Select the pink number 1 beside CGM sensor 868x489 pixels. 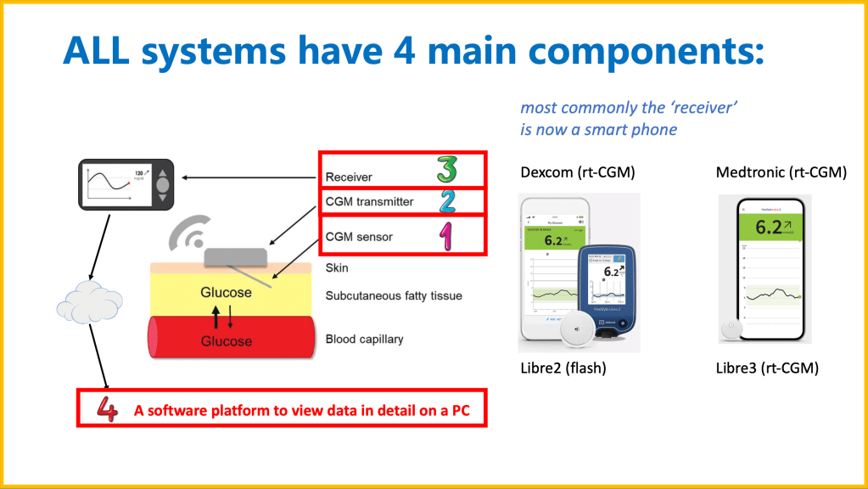(x=445, y=235)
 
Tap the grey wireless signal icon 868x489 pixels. (x=188, y=232)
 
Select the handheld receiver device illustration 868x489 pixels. (x=125, y=184)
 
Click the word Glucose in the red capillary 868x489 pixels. (x=227, y=340)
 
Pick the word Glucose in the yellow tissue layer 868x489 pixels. (x=226, y=292)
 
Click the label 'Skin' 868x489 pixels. (x=337, y=267)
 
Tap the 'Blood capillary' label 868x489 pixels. (x=364, y=340)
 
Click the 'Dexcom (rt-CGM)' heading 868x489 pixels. (x=577, y=173)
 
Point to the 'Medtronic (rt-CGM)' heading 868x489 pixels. (x=781, y=173)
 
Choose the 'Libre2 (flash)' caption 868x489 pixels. (x=563, y=369)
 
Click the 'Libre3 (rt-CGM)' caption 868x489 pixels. (x=768, y=369)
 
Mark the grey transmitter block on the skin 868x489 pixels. (x=235, y=254)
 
